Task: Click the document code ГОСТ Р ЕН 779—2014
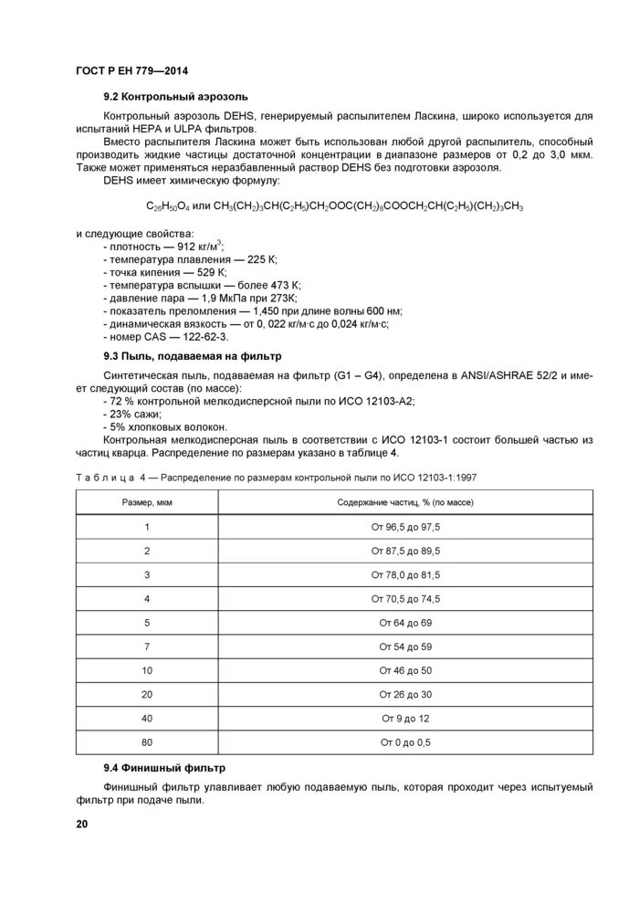[x=126, y=71]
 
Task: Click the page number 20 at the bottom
[x=82, y=825]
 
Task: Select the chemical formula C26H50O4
[x=167, y=207]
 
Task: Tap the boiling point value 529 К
[x=205, y=272]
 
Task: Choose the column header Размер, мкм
[x=147, y=503]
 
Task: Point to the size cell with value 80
[x=147, y=742]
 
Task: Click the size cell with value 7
[x=147, y=646]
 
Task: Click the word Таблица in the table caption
[x=104, y=478]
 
